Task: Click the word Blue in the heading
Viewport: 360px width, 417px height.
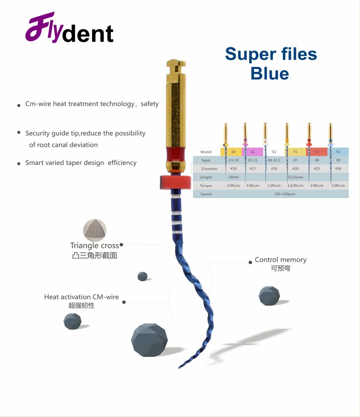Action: [x=270, y=73]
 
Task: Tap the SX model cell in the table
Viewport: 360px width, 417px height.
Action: [x=234, y=152]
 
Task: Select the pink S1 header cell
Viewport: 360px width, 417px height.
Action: [x=253, y=152]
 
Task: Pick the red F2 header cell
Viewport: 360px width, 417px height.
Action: [x=317, y=152]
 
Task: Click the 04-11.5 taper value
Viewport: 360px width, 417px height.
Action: [x=274, y=160]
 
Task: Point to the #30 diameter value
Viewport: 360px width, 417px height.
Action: [x=338, y=169]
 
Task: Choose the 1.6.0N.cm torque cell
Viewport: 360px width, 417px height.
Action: [x=295, y=185]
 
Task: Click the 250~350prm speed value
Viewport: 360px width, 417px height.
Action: [x=284, y=194]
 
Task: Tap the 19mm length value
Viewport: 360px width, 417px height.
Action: [x=233, y=177]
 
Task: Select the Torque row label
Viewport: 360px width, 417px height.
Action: [x=206, y=185]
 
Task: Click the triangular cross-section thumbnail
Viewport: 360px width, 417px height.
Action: [x=95, y=230]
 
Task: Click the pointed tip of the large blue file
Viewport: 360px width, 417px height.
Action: [x=179, y=368]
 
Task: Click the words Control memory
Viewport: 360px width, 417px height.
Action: [x=280, y=260]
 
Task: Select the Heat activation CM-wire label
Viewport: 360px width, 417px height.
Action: [x=81, y=297]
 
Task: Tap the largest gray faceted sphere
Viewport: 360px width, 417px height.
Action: [x=149, y=340]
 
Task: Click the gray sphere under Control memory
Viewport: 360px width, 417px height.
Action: [x=269, y=296]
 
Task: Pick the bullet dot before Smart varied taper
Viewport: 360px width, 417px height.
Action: [x=19, y=164]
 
